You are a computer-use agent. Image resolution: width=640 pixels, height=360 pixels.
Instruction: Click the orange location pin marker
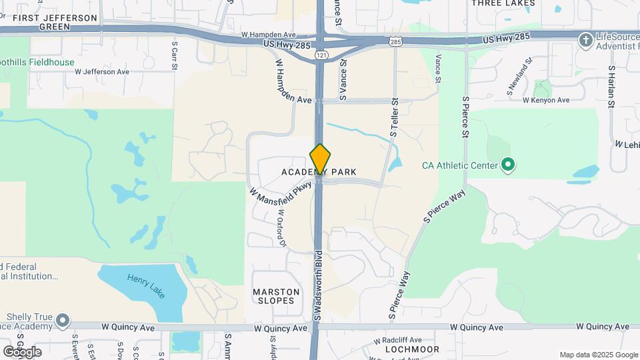coord(320,160)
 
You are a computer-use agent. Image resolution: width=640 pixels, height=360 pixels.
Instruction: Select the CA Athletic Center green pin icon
coord(508,164)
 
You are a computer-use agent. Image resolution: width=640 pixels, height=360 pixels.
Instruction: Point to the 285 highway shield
coord(396,42)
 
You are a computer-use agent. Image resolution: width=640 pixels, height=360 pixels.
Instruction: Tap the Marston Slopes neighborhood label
coord(273,296)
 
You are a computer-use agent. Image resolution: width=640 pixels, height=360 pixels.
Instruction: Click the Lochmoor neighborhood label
coord(412,349)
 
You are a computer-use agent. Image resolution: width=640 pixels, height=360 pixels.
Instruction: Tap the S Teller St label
coord(395,118)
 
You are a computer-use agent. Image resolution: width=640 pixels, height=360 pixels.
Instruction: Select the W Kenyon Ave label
coord(546,100)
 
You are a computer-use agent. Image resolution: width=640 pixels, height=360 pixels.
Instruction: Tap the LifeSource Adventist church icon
coord(585,40)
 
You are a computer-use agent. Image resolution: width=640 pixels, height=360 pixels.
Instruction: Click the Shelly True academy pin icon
coord(63,321)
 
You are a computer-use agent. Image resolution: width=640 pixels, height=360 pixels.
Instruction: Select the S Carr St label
coord(175,55)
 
